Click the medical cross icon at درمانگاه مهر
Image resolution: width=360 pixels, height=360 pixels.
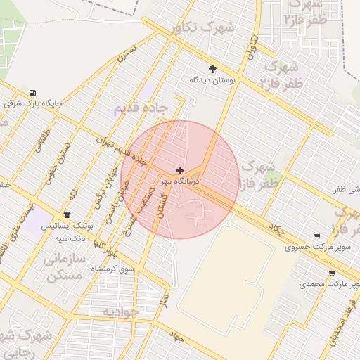pyautogui.click(x=180, y=171)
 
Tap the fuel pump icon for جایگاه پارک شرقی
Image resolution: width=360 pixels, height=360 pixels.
pyautogui.click(x=33, y=93)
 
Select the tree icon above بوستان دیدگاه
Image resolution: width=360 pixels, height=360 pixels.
pyautogui.click(x=212, y=69)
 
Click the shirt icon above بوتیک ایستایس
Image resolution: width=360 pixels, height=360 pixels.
pyautogui.click(x=67, y=214)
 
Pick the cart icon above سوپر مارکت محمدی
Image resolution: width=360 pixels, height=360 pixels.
pyautogui.click(x=331, y=274)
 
